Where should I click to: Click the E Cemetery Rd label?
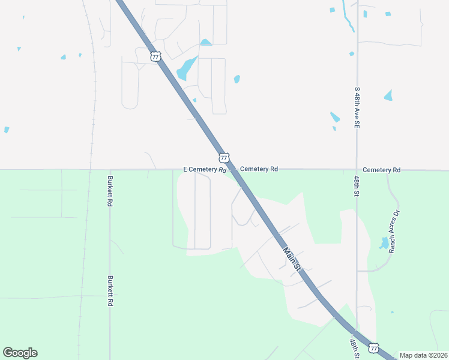click(x=205, y=170)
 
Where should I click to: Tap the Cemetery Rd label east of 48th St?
click(x=381, y=170)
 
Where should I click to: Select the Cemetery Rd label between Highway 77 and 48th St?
click(x=259, y=169)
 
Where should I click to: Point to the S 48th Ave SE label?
click(x=357, y=107)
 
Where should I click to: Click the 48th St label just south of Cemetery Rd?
click(x=357, y=187)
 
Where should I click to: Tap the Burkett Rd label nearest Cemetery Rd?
click(x=110, y=191)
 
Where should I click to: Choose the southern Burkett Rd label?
click(x=110, y=291)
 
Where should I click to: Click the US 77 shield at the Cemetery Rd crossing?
click(x=223, y=158)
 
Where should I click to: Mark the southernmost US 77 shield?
click(x=373, y=348)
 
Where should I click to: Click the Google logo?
click(x=20, y=353)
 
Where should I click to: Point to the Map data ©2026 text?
click(x=423, y=355)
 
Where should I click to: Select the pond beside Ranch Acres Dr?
click(x=384, y=243)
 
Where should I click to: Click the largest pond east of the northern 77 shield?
click(x=187, y=68)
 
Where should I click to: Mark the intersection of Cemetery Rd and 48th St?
click(x=357, y=170)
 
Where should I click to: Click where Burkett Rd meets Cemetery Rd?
click(x=110, y=170)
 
